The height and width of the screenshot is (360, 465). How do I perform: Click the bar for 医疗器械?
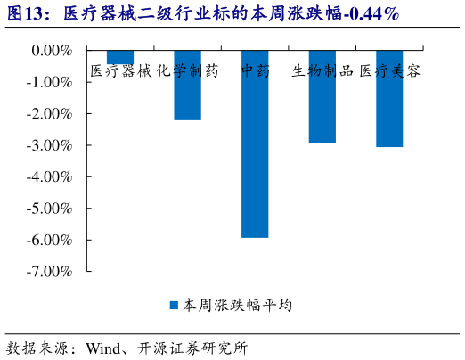click(x=120, y=58)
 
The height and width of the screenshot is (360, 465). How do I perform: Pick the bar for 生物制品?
click(x=322, y=97)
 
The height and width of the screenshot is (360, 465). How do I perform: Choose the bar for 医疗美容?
click(x=389, y=99)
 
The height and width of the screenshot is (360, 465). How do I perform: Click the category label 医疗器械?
click(x=121, y=71)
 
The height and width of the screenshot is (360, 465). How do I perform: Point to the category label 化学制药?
click(x=187, y=71)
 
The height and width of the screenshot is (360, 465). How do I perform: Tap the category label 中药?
click(x=255, y=71)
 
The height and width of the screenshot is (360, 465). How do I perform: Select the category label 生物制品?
click(x=322, y=71)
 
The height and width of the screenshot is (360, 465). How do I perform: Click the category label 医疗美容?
click(x=390, y=71)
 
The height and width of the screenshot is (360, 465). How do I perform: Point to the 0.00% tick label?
click(x=52, y=51)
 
